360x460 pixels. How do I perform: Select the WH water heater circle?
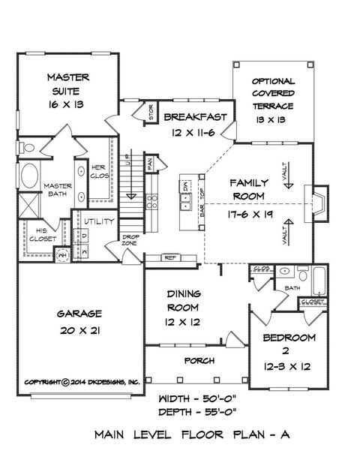coord(64,254)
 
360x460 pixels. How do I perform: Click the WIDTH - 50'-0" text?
coord(199,398)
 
